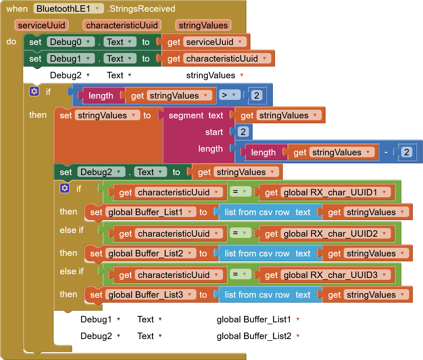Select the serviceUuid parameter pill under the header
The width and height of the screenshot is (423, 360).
coord(41,25)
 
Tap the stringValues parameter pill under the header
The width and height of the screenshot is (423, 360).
coord(203,25)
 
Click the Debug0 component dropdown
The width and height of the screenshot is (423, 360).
coord(71,42)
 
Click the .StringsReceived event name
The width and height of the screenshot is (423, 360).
coord(142,9)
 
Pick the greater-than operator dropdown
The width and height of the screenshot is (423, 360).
coord(229,95)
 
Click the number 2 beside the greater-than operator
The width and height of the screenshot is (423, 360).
coord(257,95)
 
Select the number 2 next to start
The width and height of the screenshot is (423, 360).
coord(243,132)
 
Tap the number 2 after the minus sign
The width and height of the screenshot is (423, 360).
coord(406,152)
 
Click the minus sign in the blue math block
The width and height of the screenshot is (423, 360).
coord(386,152)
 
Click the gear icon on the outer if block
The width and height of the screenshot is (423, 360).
coord(34,91)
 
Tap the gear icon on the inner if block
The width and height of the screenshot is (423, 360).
coord(65,188)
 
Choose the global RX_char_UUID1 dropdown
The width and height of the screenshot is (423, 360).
coord(335,192)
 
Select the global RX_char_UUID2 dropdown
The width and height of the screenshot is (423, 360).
coord(335,234)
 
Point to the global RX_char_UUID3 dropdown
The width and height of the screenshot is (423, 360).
coord(335,275)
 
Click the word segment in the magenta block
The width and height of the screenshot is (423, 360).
coord(186,115)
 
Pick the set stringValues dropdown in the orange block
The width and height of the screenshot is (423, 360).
coord(107,115)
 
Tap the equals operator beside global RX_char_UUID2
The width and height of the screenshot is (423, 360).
coord(240,233)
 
